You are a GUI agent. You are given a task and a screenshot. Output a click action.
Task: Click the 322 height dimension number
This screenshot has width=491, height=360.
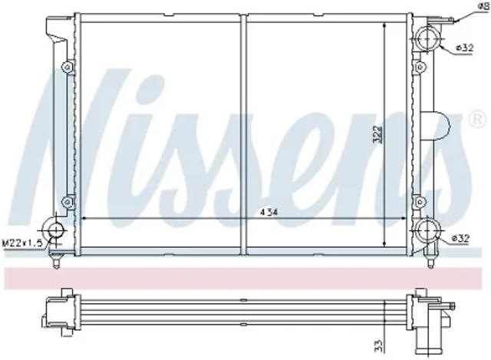point(377,135)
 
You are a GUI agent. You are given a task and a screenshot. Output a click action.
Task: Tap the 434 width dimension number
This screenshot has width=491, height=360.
point(269,213)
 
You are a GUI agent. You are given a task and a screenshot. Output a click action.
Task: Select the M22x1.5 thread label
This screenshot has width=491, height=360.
point(22,243)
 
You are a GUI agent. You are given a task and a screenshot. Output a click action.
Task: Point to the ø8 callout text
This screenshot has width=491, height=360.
point(484,6)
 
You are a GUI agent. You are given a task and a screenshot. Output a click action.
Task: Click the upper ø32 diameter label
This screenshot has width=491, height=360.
point(464,48)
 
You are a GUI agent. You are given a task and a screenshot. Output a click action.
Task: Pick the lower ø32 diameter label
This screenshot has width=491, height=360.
point(460,239)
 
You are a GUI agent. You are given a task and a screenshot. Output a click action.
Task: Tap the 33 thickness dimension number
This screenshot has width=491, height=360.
point(378,346)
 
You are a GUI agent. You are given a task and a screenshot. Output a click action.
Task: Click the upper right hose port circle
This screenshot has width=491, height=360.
point(427,38)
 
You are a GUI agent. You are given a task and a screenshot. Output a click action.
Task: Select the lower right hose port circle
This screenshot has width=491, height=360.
point(427,230)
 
